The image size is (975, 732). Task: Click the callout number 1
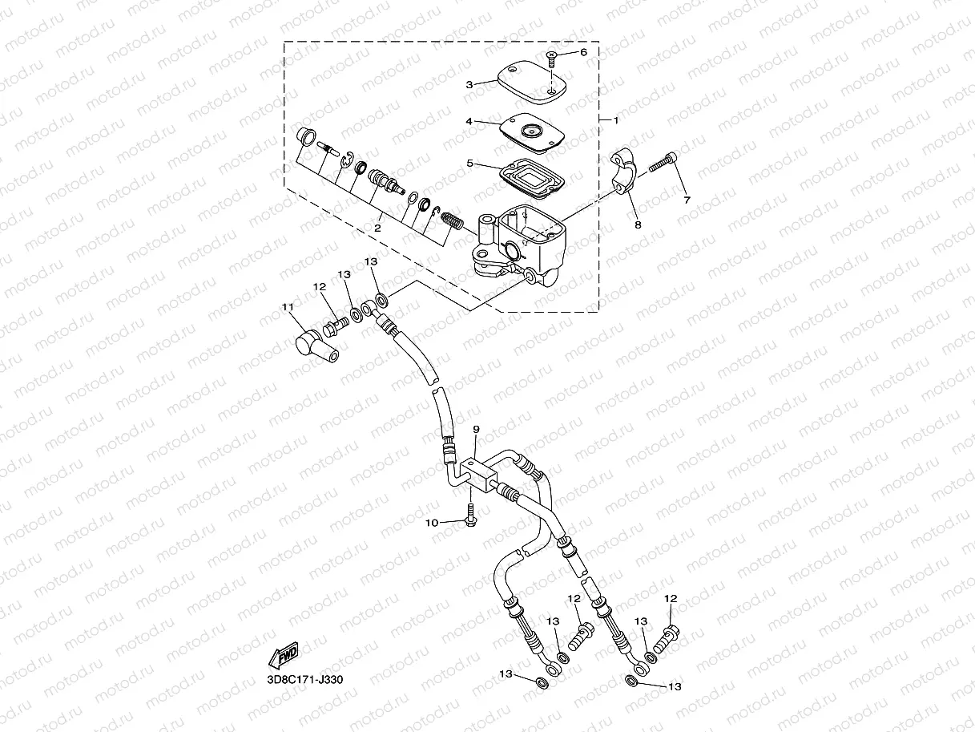616,120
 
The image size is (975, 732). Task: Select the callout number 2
377,228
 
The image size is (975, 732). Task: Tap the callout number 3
469,83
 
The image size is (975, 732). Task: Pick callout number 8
638,225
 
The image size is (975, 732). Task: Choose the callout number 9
475,431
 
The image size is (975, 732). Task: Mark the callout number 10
432,523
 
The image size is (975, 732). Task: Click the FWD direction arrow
284,656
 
